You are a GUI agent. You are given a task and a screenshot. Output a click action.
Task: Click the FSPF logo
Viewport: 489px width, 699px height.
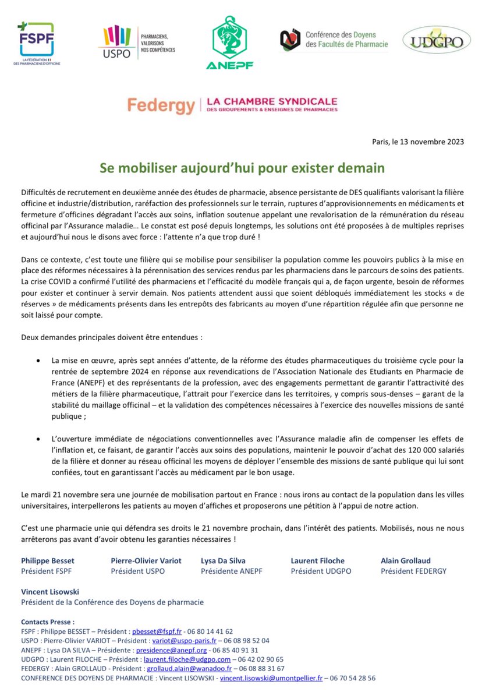36,41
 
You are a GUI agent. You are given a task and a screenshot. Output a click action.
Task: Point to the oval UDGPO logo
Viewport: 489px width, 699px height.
437,40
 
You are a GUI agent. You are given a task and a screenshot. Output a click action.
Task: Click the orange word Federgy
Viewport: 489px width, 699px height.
161,105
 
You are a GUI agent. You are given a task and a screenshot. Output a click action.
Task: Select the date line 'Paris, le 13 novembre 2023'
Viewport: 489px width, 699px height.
418,142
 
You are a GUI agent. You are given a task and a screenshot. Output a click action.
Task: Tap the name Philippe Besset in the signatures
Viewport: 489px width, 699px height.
48,560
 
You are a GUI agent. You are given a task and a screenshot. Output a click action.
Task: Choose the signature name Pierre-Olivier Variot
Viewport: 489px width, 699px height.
146,560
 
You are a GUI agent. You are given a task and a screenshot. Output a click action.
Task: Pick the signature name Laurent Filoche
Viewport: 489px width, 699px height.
318,560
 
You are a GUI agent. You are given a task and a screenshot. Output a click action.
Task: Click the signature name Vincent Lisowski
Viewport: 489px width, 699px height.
50,591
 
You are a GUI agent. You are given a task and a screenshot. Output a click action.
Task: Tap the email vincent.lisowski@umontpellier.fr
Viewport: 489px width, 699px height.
271,678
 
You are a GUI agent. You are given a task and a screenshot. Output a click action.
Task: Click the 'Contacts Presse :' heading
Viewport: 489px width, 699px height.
48,621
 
